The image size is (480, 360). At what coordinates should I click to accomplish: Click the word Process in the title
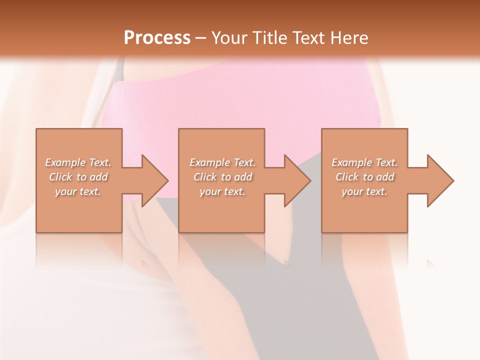tap(157, 38)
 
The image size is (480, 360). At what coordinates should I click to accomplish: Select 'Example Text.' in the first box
tap(78, 162)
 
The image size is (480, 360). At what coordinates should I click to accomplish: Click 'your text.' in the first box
tap(78, 191)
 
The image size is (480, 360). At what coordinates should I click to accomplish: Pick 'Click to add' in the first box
tap(78, 177)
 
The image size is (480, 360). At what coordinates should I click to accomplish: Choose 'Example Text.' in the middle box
tap(222, 162)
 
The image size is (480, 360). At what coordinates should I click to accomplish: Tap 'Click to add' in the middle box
tap(222, 177)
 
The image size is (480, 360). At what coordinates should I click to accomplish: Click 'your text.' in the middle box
tap(222, 191)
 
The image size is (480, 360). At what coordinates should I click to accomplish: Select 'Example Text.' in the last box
tap(364, 162)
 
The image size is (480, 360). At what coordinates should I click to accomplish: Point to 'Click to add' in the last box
tap(364, 177)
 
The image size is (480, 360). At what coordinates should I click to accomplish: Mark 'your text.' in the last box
tap(364, 191)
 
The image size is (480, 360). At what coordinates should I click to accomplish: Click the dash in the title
tap(201, 38)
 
